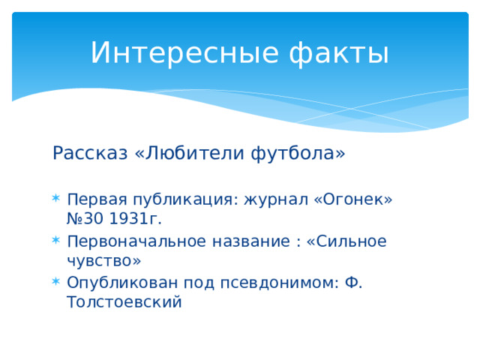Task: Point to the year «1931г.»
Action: click(136, 218)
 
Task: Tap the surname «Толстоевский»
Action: click(124, 302)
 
